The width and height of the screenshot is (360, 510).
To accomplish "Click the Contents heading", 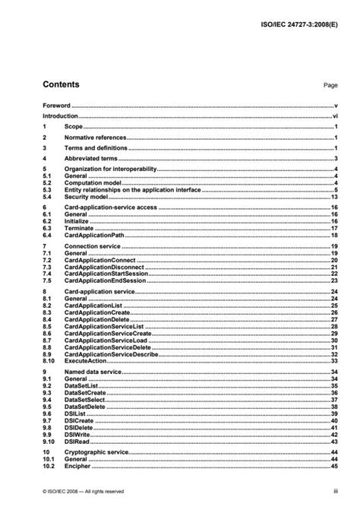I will pyautogui.click(x=60, y=84).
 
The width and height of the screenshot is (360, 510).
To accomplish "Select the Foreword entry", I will pyautogui.click(x=56, y=106).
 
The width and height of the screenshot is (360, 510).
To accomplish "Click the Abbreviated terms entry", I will pyautogui.click(x=91, y=158).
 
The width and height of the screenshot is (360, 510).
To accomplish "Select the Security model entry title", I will pyautogui.click(x=86, y=196).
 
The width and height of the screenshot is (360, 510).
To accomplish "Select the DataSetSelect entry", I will pyautogui.click(x=88, y=398).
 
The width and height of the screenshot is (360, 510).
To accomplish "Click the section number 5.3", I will pyautogui.click(x=46, y=189).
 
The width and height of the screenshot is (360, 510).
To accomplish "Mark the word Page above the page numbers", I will pyautogui.click(x=330, y=86).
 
